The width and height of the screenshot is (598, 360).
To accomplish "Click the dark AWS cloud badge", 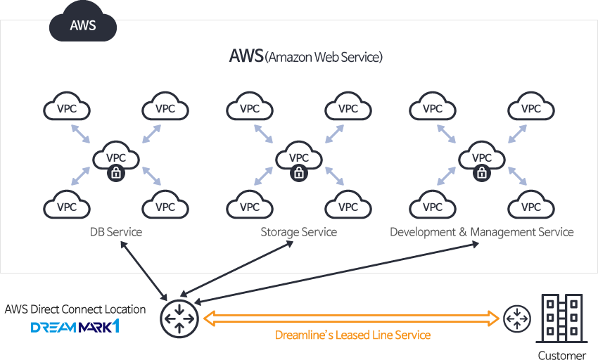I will click(82, 25).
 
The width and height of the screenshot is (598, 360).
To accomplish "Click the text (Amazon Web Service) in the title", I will click(324, 58).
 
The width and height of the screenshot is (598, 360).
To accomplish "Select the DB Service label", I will click(116, 232).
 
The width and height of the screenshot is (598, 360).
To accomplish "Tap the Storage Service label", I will click(299, 232).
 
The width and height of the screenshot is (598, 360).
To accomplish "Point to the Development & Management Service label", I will click(482, 232).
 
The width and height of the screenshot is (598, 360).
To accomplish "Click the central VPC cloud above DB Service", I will click(116, 156).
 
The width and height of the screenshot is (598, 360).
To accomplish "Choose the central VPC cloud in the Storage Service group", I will click(299, 156).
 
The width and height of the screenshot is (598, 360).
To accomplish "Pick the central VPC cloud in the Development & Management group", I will click(482, 156).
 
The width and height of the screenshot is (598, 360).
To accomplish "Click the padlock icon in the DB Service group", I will click(116, 173).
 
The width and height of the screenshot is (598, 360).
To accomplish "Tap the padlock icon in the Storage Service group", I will click(299, 173).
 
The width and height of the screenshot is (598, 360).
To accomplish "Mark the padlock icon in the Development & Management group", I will click(482, 173).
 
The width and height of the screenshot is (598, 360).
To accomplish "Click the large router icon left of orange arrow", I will click(179, 319).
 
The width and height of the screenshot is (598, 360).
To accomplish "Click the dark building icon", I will click(561, 319).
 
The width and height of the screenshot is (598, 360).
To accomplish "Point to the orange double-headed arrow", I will click(352, 319).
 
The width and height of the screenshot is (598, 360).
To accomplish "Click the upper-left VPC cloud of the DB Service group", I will click(67, 108).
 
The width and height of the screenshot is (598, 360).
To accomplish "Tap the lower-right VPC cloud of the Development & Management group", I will click(531, 206).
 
